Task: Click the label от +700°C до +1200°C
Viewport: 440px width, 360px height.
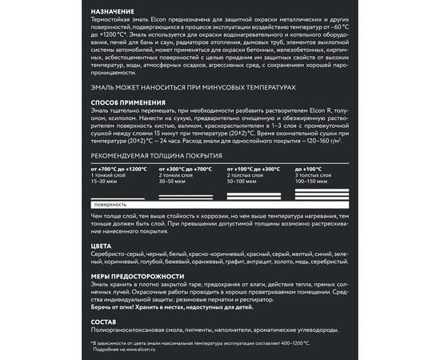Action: pos(119,170)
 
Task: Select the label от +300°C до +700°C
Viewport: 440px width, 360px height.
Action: pos(186,170)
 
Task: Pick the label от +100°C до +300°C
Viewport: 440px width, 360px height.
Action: pos(254,170)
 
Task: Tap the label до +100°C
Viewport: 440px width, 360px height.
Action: pos(308,170)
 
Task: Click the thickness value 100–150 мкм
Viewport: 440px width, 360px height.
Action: pos(311,181)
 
